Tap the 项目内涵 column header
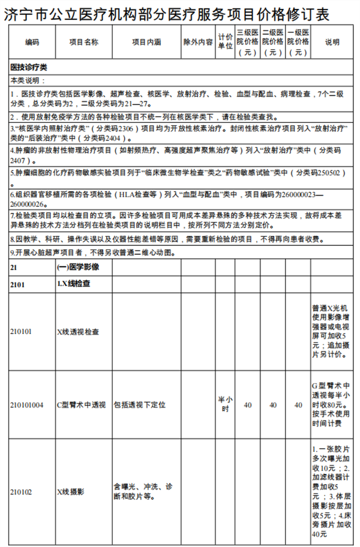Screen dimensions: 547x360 [x=146, y=43]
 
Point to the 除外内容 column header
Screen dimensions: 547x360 [x=198, y=43]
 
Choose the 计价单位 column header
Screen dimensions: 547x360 [x=225, y=43]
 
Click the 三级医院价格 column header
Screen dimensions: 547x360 [x=247, y=43]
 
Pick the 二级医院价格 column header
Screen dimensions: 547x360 [x=273, y=43]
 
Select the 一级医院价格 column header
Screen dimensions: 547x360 [x=298, y=43]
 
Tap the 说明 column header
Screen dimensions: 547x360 [x=332, y=43]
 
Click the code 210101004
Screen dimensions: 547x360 [x=27, y=405]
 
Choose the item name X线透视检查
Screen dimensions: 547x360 [x=78, y=331]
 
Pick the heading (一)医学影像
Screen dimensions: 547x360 [x=77, y=266]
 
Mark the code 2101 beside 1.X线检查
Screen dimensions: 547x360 [x=17, y=284]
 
